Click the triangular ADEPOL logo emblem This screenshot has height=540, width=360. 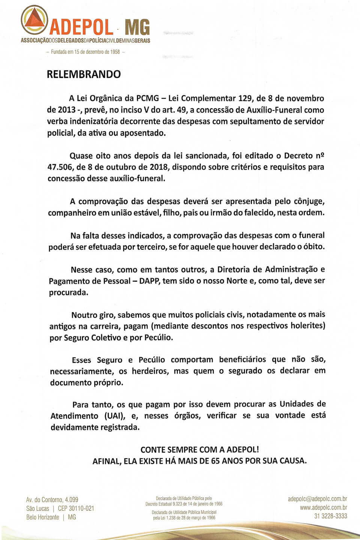[x=34, y=19]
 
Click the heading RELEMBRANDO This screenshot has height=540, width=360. [x=84, y=74]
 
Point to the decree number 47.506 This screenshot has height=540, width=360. [x=60, y=167]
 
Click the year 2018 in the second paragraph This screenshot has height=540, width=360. [x=159, y=167]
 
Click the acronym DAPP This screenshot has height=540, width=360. [x=149, y=281]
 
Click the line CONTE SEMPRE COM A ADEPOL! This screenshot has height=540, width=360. [x=199, y=450]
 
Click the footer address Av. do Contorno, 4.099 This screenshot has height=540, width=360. [x=52, y=500]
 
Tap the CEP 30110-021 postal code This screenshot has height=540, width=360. [x=76, y=509]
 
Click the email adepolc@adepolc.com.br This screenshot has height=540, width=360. [x=317, y=499]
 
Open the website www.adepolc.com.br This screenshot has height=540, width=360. [x=323, y=507]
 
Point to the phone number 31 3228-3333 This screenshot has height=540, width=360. [x=330, y=516]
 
